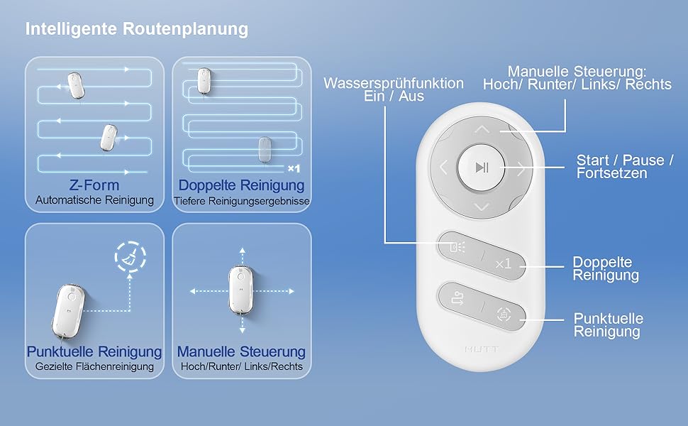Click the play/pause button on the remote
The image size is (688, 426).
click(482, 168)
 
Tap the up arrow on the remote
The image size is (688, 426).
click(482, 130)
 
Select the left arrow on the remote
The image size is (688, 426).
click(443, 168)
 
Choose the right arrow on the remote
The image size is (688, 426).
click(520, 168)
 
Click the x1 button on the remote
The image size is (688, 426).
click(504, 263)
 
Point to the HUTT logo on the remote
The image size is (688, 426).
click(481, 349)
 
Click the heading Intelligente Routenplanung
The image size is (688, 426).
click(136, 29)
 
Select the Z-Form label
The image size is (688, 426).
click(94, 185)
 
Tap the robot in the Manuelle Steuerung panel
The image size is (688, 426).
click(242, 291)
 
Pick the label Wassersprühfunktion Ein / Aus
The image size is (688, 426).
click(394, 89)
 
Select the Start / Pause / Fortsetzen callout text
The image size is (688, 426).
click(625, 167)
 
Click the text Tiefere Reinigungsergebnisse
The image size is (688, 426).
click(242, 201)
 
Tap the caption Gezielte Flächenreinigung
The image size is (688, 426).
click(94, 366)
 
